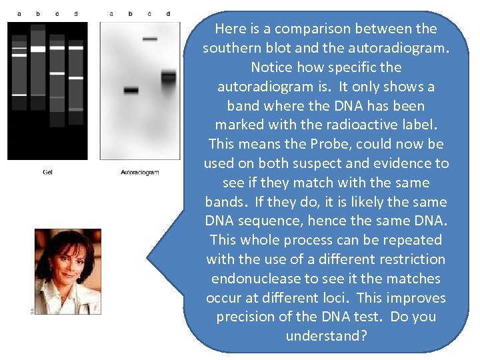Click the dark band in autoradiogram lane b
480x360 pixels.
click(x=131, y=90)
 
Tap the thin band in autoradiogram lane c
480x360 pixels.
click(x=150, y=39)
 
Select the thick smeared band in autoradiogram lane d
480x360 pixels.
click(x=168, y=77)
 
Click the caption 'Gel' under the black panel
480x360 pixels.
click(x=47, y=172)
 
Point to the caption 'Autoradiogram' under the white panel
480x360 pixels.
click(x=139, y=172)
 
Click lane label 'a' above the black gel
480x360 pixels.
click(x=19, y=13)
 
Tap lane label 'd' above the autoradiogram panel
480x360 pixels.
click(x=168, y=13)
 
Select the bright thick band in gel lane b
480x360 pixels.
click(x=38, y=49)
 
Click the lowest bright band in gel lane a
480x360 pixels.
click(x=19, y=95)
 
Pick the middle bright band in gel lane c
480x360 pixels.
click(x=57, y=73)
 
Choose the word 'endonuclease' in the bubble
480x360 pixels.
click(x=251, y=279)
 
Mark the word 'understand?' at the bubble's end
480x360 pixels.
click(x=326, y=336)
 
